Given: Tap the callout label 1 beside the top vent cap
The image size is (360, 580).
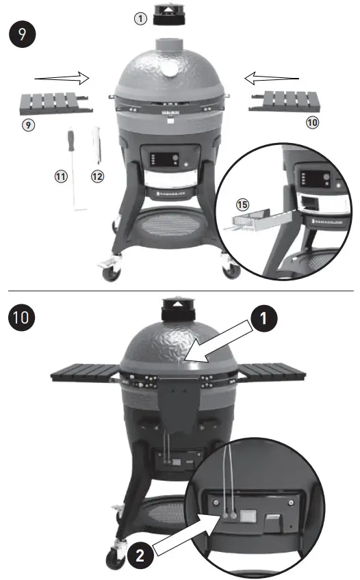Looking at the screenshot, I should [x=140, y=18].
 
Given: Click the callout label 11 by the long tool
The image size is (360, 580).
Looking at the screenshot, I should [x=60, y=176].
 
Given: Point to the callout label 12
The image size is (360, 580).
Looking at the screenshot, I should [x=97, y=176].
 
